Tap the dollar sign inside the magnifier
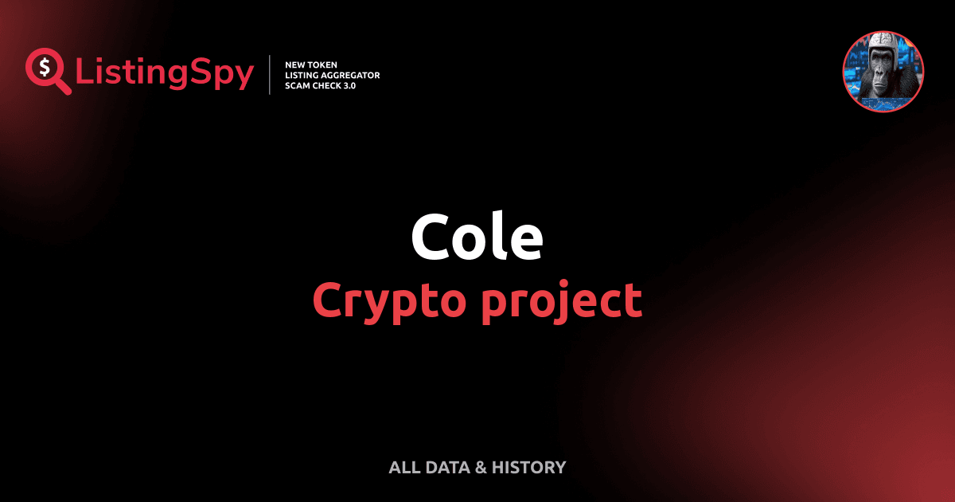(x=42, y=66)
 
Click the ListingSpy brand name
(x=164, y=73)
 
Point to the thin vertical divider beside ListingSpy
(x=271, y=75)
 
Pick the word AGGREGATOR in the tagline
(x=349, y=75)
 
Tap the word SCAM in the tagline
(x=298, y=85)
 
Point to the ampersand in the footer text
(x=480, y=468)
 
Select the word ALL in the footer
(x=403, y=468)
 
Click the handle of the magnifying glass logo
(x=63, y=87)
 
